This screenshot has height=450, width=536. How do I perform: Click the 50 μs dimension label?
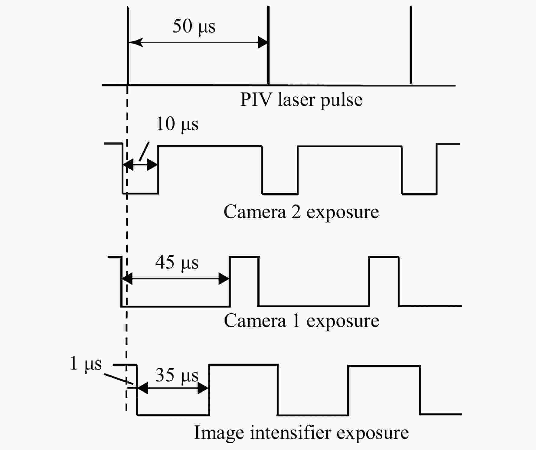[x=194, y=27]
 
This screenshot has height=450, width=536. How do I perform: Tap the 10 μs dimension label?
[x=177, y=124]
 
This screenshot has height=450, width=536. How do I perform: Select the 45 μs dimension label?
[x=177, y=262]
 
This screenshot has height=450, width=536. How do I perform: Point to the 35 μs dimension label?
[x=177, y=375]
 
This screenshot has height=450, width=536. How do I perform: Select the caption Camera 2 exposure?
[x=301, y=212]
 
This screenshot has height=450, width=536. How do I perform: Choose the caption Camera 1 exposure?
[x=302, y=321]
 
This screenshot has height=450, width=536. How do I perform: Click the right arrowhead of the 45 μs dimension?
[x=224, y=279]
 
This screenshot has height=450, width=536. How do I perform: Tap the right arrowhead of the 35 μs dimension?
[x=203, y=388]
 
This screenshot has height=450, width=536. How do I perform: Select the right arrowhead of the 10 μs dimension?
[x=152, y=165]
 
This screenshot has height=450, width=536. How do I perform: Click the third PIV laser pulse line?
[x=410, y=45]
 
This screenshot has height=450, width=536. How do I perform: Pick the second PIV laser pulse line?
[x=268, y=45]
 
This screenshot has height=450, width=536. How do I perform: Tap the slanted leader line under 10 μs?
[x=144, y=151]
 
